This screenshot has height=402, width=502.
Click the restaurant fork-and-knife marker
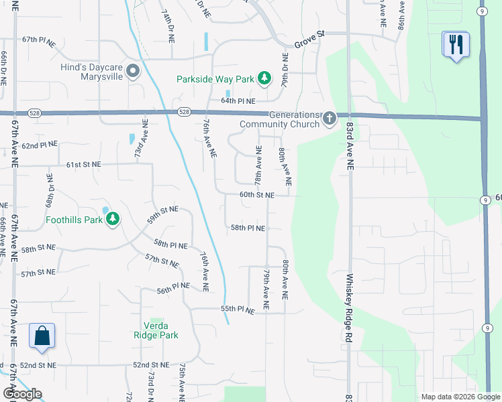(456, 45)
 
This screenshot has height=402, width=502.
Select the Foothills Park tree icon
(113, 219)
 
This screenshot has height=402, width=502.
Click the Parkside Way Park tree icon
(265, 79)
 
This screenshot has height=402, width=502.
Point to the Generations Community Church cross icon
(329, 119)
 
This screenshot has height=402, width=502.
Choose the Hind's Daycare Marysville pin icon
(132, 70)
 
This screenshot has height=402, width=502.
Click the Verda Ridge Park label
(156, 330)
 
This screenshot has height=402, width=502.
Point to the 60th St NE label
(258, 195)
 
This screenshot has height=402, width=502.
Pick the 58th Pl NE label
(248, 228)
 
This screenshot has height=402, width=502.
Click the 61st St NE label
(83, 164)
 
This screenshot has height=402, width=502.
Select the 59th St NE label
(163, 214)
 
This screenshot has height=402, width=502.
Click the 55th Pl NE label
(238, 310)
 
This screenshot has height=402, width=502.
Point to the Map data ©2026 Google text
(460, 397)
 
